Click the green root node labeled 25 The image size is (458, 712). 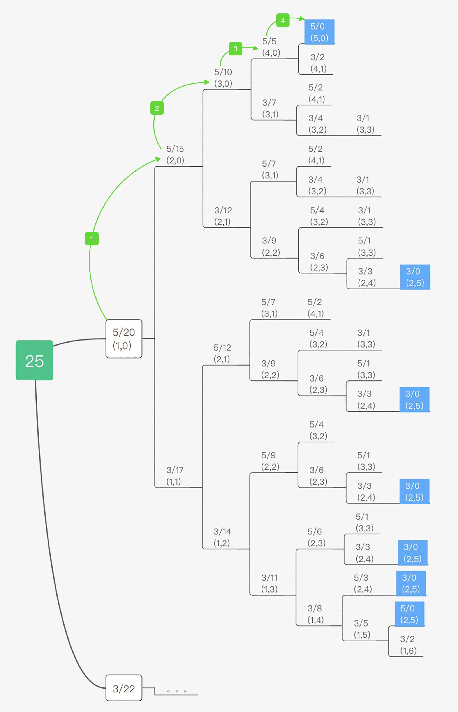click(x=35, y=360)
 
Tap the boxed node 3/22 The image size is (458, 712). click(x=124, y=688)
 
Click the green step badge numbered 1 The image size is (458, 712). click(x=92, y=238)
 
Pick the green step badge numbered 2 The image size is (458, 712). click(x=157, y=108)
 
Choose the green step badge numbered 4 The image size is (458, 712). click(x=283, y=20)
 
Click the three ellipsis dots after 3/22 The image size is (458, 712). click(x=177, y=691)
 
